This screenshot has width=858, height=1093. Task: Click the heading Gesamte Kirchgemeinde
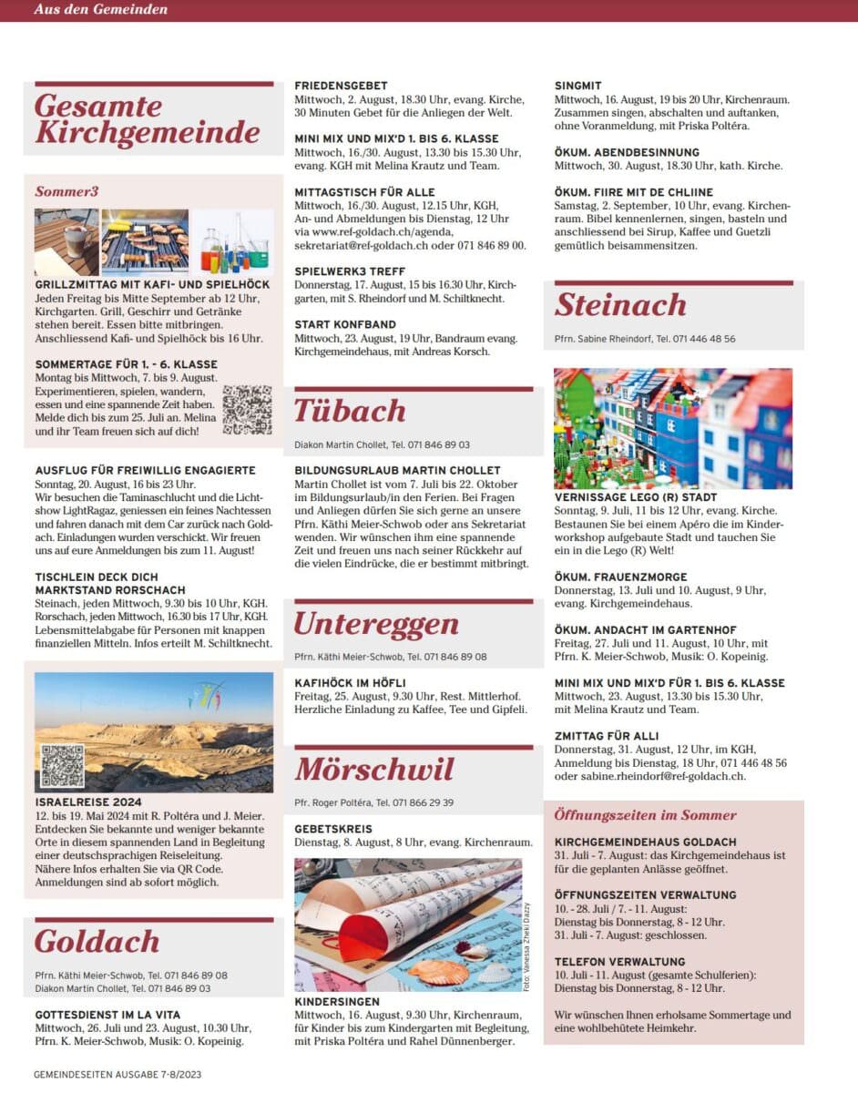pyautogui.click(x=148, y=119)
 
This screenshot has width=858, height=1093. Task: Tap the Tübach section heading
pyautogui.click(x=350, y=412)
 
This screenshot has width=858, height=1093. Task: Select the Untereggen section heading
pyautogui.click(x=375, y=625)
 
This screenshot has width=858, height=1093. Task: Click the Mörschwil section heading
pyautogui.click(x=373, y=771)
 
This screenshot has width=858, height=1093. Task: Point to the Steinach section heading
pyautogui.click(x=620, y=305)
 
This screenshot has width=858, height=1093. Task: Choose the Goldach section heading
pyautogui.click(x=97, y=942)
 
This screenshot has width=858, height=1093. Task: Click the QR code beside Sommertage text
pyautogui.click(x=247, y=410)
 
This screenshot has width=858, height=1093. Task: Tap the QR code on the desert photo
pyautogui.click(x=62, y=765)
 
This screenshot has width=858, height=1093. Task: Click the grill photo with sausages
pyautogui.click(x=145, y=242)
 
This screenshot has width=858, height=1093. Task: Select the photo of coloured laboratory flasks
pyautogui.click(x=232, y=242)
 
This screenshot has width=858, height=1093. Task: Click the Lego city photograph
pyautogui.click(x=673, y=428)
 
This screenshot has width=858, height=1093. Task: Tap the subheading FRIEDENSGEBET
pyautogui.click(x=341, y=86)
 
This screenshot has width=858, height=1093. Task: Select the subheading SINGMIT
pyautogui.click(x=578, y=86)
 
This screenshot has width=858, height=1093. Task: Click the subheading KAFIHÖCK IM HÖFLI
pyautogui.click(x=350, y=682)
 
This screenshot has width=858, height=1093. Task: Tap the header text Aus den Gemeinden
pyautogui.click(x=101, y=9)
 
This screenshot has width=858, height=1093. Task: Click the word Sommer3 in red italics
pyautogui.click(x=66, y=191)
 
